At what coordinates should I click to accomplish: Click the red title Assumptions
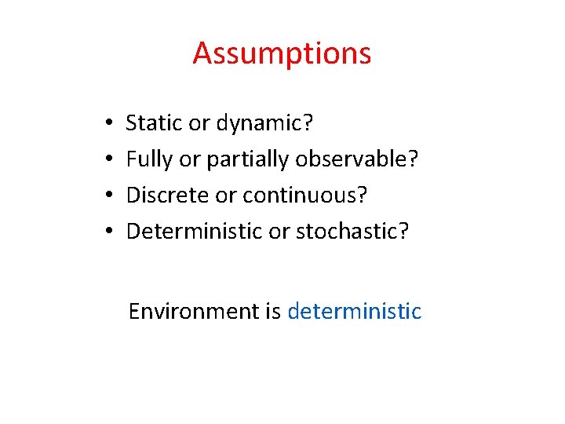(x=282, y=54)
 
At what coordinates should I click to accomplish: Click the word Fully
(x=150, y=160)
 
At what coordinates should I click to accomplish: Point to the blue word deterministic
(x=355, y=312)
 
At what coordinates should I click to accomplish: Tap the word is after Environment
(x=273, y=312)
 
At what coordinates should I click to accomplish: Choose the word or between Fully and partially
(x=190, y=160)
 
